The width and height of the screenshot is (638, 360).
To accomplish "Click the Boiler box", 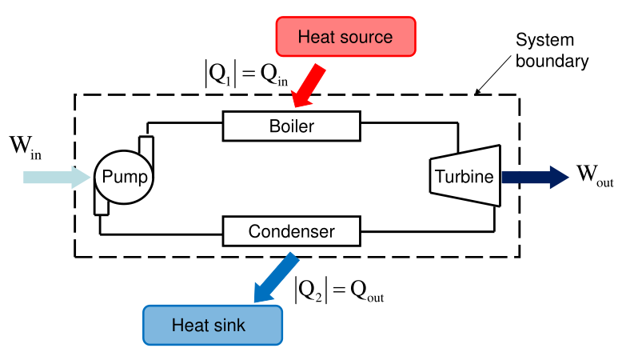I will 292,126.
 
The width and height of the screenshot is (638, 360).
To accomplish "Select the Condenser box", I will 291,232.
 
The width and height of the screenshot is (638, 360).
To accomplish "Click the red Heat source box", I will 345,37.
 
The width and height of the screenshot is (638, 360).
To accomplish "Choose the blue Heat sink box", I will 213,326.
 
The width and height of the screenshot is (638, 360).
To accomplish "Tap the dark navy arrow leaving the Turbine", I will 532,176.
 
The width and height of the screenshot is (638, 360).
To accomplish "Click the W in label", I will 25,148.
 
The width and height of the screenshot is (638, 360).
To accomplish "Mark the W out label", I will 594,177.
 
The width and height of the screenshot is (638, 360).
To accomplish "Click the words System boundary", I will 552,50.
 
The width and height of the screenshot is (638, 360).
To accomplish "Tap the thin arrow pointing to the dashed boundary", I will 496,77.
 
